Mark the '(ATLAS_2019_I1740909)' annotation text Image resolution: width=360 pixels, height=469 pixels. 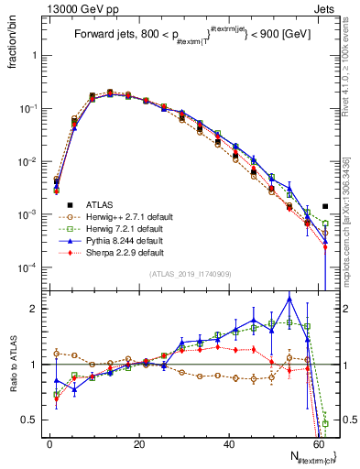[190, 274]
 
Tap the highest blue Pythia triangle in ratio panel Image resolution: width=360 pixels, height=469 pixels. [289, 299]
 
